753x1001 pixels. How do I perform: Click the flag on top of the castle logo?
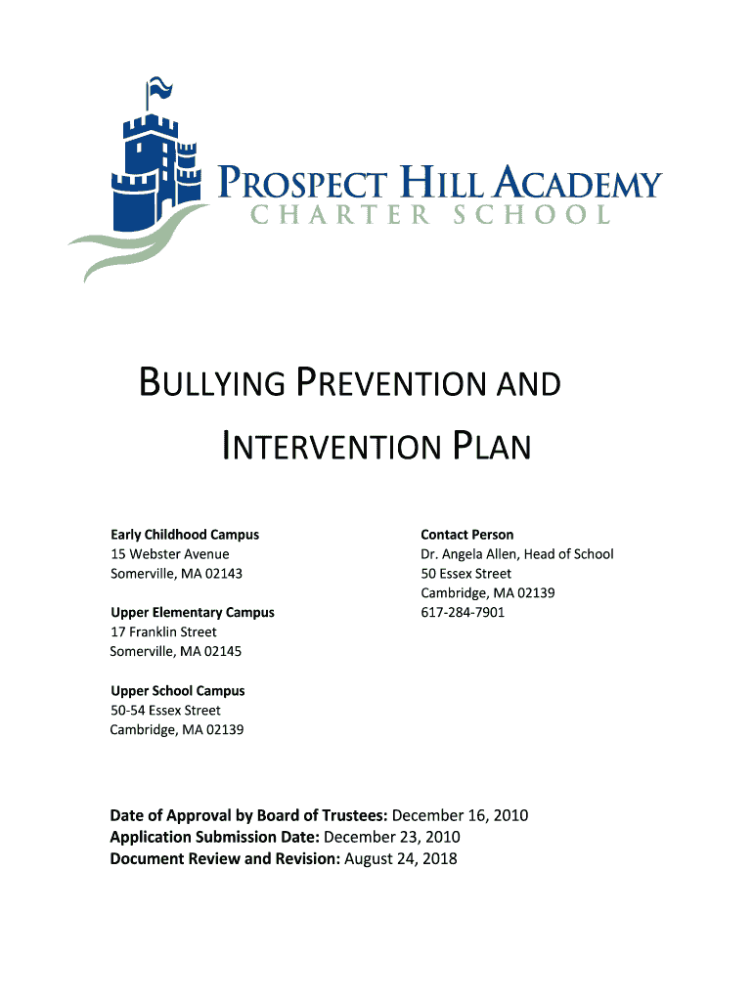point(160,90)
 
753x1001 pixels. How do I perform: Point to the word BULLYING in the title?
point(209,383)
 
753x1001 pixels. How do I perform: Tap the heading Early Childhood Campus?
point(185,535)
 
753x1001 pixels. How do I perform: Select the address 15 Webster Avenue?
point(170,554)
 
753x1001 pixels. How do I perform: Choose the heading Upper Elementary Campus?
point(193,613)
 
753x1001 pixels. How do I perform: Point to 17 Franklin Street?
point(164,632)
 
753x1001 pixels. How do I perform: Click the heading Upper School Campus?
point(178,691)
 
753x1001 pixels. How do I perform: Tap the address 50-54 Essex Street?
point(166,711)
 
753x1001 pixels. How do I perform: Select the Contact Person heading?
point(467,535)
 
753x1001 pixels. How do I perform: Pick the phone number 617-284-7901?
point(464,613)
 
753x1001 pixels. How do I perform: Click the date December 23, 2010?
point(392,838)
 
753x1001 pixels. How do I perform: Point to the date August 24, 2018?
point(401,859)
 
